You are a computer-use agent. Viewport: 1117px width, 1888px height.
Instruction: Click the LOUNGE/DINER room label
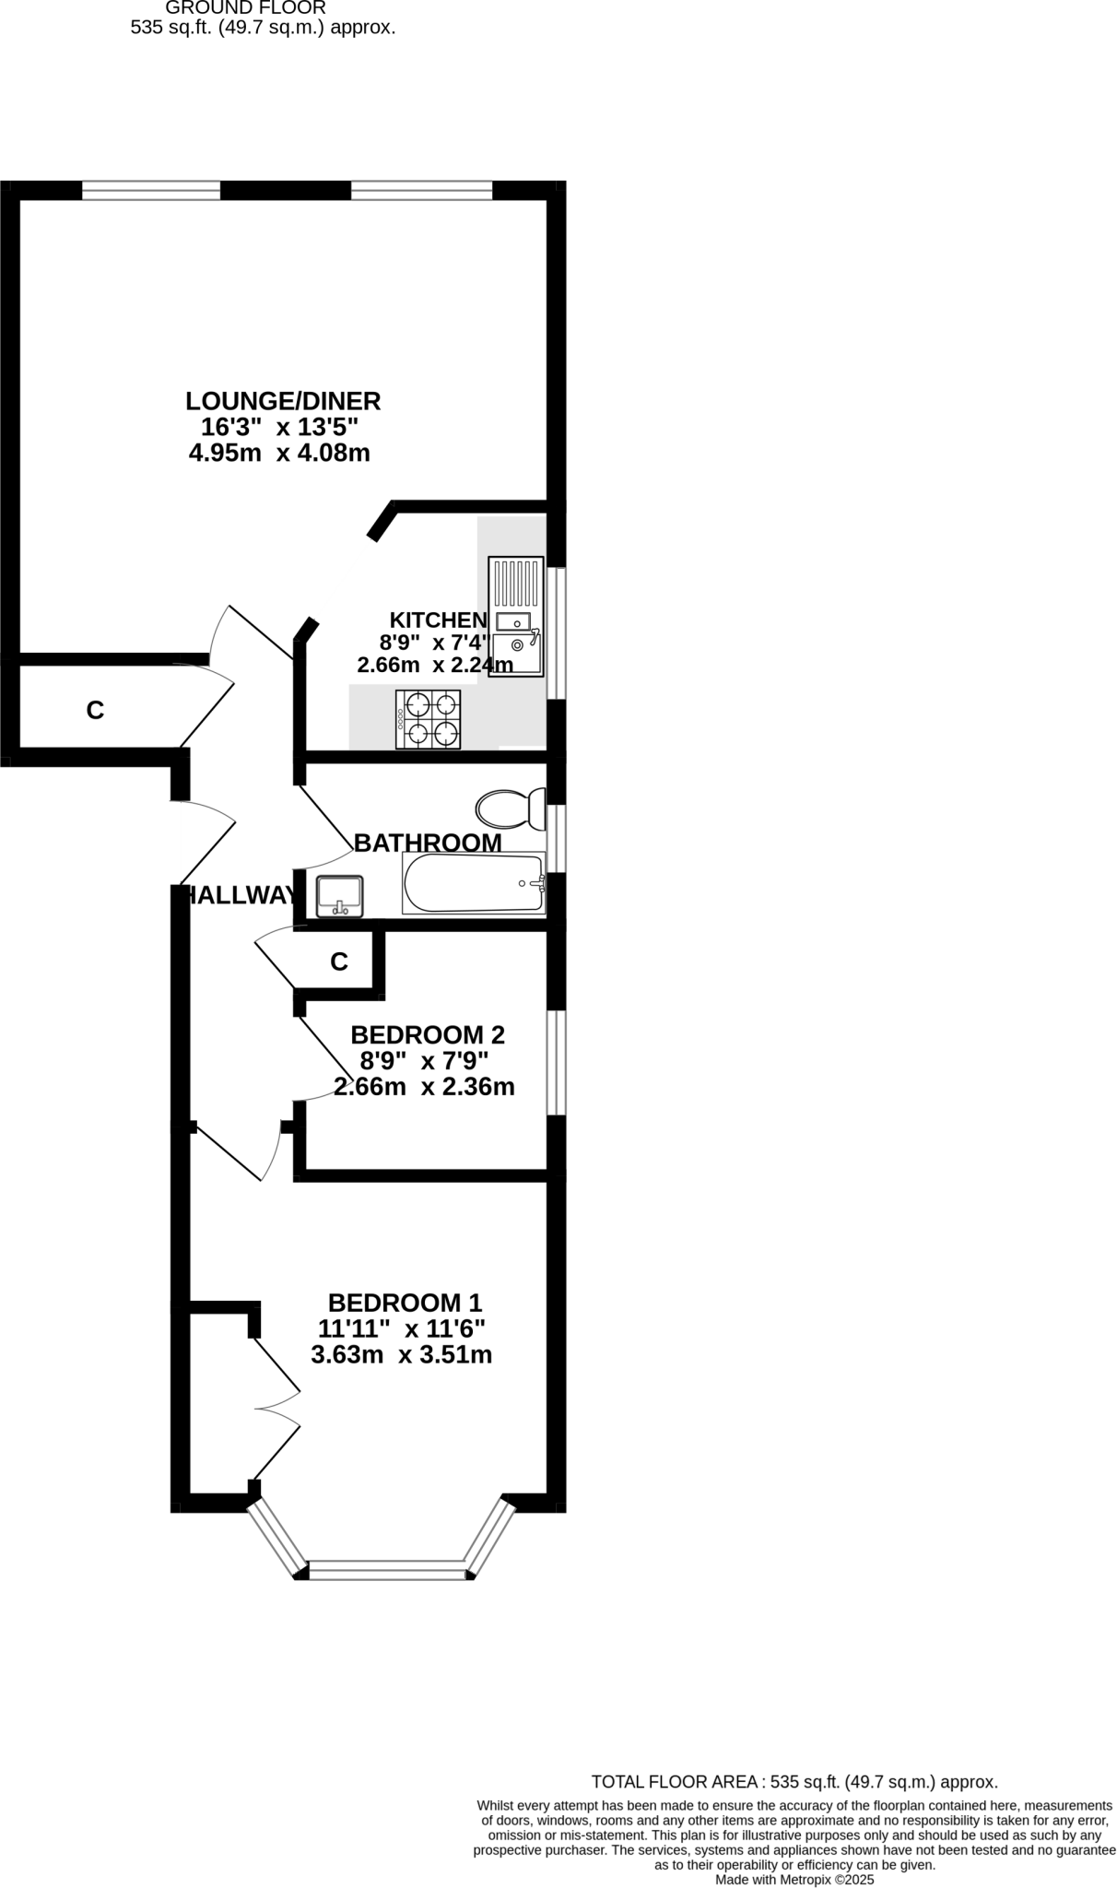(x=283, y=401)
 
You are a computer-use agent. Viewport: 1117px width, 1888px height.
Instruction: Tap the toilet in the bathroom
(x=510, y=809)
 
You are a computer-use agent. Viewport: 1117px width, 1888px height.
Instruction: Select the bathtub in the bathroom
(x=474, y=883)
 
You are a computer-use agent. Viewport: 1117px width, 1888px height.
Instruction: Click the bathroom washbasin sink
(x=339, y=896)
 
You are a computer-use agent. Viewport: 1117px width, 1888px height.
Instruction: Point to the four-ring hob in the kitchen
(x=429, y=719)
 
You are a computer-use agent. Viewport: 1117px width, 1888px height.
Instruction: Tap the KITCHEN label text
(x=438, y=619)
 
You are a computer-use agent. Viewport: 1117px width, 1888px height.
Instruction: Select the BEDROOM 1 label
(x=405, y=1303)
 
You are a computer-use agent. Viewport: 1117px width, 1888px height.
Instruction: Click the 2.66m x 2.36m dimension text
(x=424, y=1087)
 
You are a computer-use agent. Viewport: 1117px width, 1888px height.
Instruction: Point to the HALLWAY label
(x=241, y=895)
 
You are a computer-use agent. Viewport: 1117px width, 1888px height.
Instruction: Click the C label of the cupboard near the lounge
(x=95, y=711)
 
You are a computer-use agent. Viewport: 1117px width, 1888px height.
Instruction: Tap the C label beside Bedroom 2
(x=339, y=962)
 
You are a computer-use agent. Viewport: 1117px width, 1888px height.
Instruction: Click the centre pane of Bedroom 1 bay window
(x=387, y=1570)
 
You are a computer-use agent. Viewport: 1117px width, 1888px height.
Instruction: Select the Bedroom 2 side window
(x=556, y=1062)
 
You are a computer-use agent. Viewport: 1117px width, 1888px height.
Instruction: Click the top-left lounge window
(x=151, y=190)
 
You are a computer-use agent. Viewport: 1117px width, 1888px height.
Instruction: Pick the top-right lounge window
(x=421, y=190)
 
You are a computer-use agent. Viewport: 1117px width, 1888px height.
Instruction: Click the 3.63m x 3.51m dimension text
(x=401, y=1355)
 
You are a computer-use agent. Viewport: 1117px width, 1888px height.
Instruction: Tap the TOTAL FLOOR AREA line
(x=794, y=1782)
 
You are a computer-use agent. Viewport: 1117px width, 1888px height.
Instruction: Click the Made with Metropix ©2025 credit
(x=794, y=1879)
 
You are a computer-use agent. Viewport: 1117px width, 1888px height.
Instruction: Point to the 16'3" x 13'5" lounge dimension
(x=279, y=427)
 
